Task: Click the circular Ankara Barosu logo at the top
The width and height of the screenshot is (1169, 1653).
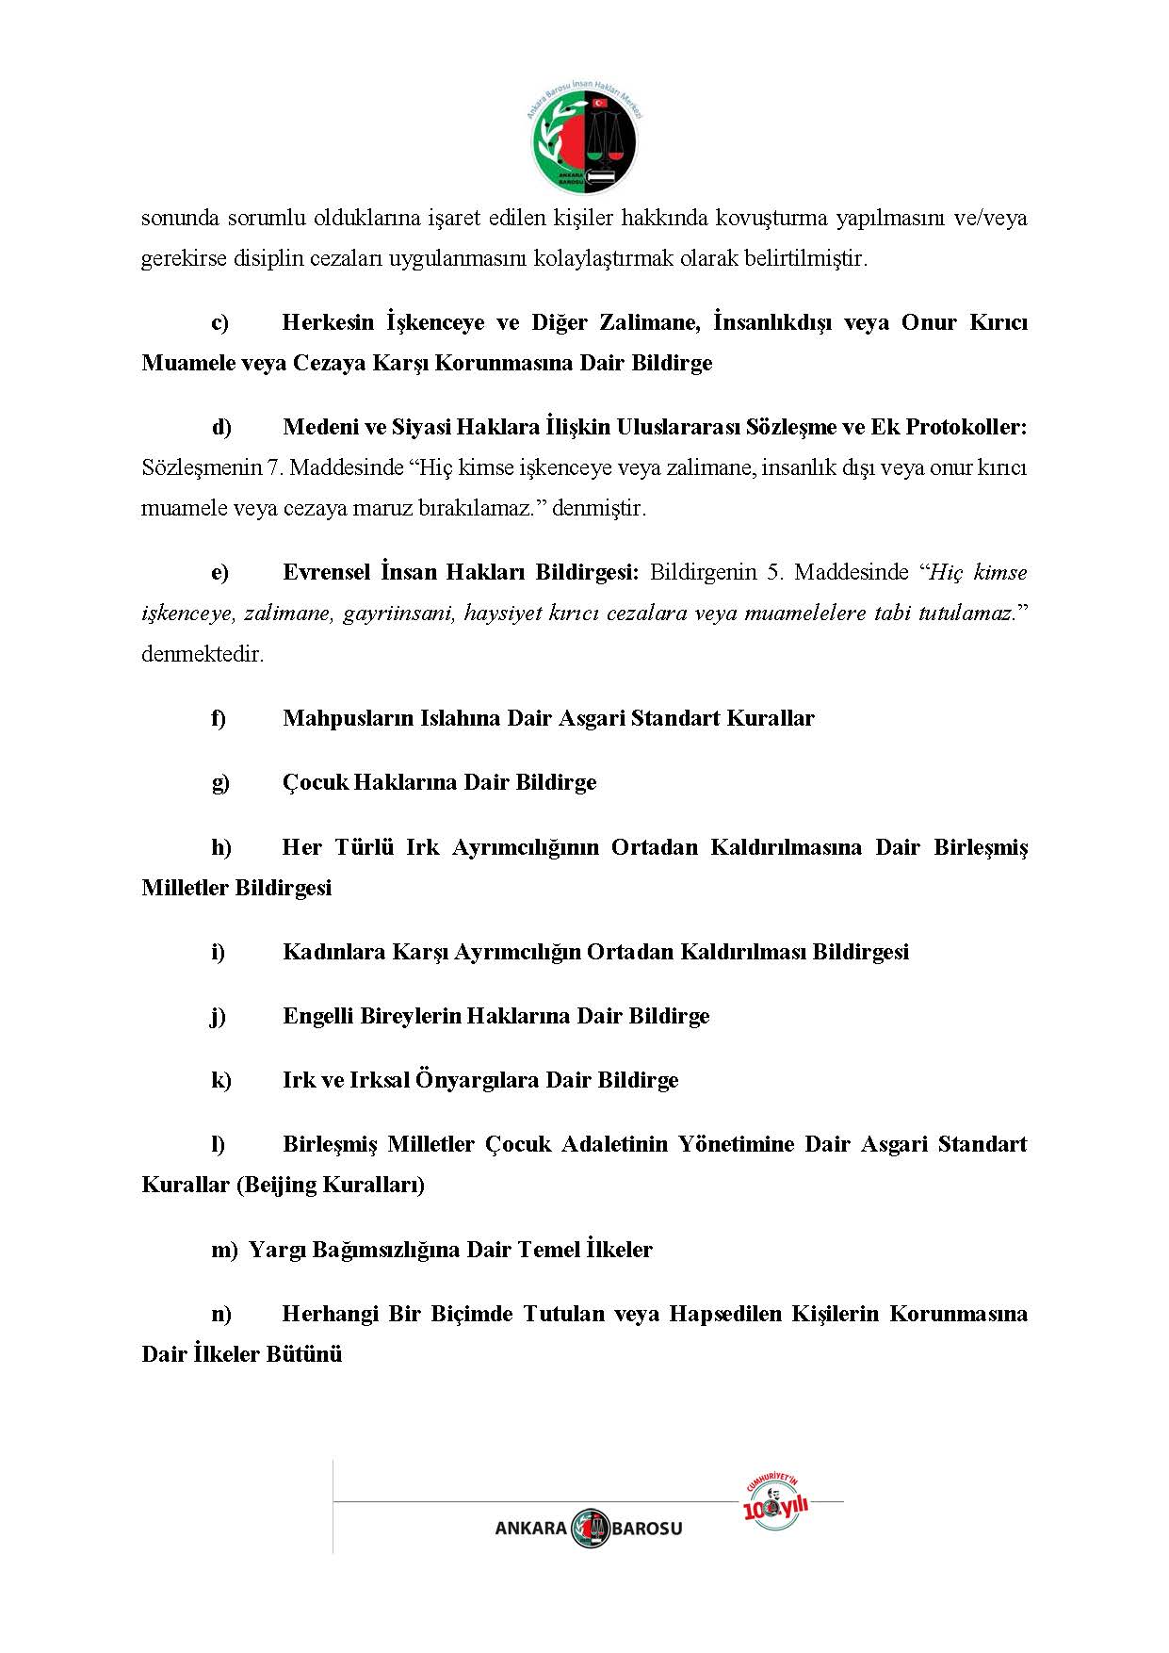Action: [584, 138]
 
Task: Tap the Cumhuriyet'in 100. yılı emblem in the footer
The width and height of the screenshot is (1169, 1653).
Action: [775, 1502]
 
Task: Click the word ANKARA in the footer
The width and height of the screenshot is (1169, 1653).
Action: [530, 1529]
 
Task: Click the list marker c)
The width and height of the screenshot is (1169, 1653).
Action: [219, 322]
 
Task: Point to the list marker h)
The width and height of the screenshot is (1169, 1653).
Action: [220, 847]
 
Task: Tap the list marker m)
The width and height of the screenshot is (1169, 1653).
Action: [224, 1250]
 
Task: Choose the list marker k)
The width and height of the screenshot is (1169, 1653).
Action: [220, 1080]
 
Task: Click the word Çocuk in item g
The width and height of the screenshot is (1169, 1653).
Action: [315, 782]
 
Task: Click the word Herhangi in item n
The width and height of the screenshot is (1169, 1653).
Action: [330, 1314]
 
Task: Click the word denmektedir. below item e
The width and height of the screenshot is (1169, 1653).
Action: [203, 654]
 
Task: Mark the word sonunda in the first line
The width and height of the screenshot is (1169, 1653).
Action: [180, 219]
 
